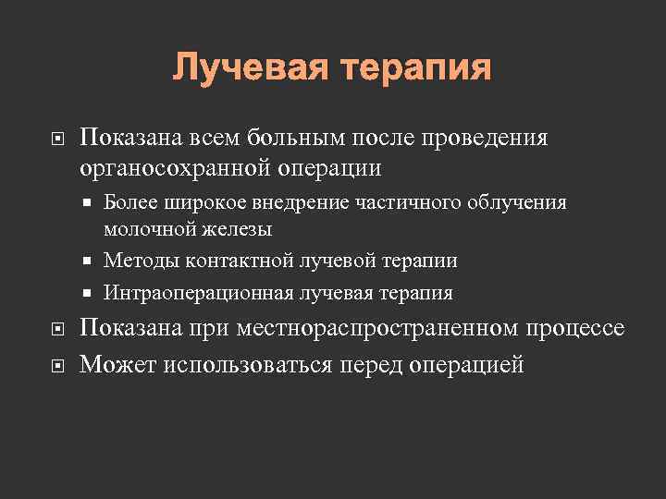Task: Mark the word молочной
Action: click(146, 228)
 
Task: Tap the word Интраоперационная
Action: click(198, 293)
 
